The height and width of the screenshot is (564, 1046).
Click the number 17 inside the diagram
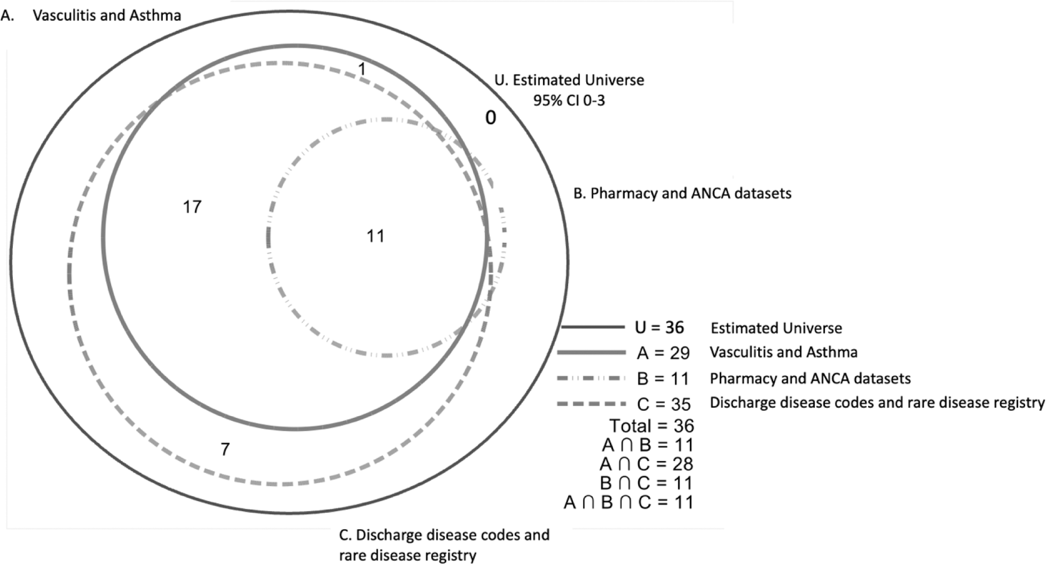(x=192, y=207)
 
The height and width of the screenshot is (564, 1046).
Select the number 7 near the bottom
(x=225, y=449)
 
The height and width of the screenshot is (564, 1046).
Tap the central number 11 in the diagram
(x=375, y=236)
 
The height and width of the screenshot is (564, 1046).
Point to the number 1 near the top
(x=362, y=69)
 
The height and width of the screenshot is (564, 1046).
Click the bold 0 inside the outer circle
(x=490, y=118)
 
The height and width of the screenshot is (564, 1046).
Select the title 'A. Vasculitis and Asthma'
(x=91, y=16)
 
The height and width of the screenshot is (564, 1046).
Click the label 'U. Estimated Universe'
(x=569, y=80)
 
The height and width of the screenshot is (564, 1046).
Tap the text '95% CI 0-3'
(x=569, y=100)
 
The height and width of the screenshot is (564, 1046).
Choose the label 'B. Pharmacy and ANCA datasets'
(x=682, y=193)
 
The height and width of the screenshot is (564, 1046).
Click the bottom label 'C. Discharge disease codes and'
(x=444, y=535)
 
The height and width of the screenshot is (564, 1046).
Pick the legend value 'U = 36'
(x=660, y=327)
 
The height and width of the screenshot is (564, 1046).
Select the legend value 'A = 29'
(x=663, y=353)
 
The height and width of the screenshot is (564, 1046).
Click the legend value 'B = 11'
(x=663, y=379)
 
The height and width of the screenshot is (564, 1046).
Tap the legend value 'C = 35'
(x=663, y=404)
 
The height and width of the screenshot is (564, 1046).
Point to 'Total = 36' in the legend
(x=652, y=426)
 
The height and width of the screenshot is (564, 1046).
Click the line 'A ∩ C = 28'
(x=647, y=464)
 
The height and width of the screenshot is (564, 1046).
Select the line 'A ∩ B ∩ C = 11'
(x=629, y=502)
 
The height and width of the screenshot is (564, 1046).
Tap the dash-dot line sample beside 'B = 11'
(x=592, y=379)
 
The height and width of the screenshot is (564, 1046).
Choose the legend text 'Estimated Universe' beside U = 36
(x=776, y=328)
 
